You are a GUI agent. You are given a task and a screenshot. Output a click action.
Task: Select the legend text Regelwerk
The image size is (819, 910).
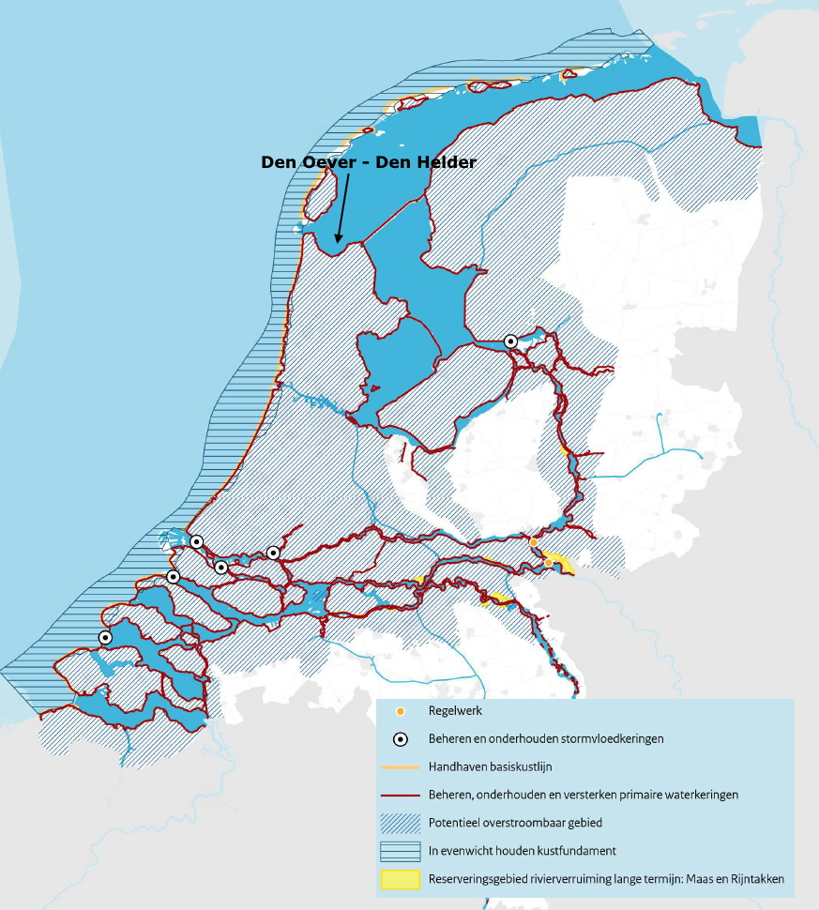tap(455, 712)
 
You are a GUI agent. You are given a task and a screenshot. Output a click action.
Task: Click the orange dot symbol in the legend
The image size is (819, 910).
tap(401, 711)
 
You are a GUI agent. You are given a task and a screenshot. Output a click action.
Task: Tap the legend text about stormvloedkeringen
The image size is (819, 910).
tap(546, 738)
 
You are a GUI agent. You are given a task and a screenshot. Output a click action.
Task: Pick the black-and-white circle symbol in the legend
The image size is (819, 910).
tap(401, 738)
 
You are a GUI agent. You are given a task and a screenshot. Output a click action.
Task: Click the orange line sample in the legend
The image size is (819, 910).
tap(401, 766)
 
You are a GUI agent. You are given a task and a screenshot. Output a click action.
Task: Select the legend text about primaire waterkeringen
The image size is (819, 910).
tap(583, 794)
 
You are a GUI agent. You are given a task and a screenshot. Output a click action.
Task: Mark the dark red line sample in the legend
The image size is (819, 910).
tap(401, 794)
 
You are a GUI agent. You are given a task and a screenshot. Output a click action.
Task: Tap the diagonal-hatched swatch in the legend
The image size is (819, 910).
tap(401, 823)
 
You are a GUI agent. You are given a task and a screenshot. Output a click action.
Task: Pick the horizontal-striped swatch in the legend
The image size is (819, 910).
tap(401, 851)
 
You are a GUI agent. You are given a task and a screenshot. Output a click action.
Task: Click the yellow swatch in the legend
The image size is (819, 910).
tap(401, 880)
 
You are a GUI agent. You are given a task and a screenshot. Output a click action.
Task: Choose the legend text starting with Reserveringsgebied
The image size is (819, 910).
tap(605, 880)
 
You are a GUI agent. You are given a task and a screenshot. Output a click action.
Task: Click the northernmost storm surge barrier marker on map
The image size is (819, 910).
tap(511, 341)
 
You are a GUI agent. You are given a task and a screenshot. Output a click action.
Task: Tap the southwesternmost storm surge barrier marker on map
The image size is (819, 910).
tap(106, 637)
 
